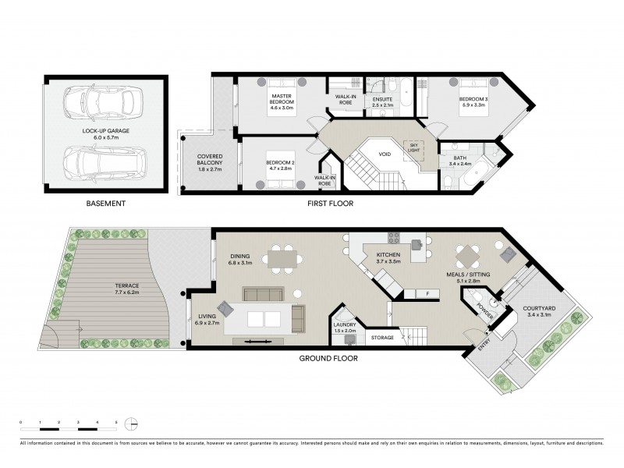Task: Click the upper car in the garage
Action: (x=103, y=101)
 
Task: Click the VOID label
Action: (x=385, y=154)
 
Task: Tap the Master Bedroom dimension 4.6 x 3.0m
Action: (x=281, y=108)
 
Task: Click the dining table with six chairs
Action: (x=281, y=257)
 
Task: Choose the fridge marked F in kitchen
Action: (x=427, y=293)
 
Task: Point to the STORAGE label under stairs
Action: (x=382, y=338)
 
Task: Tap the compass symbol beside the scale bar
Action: (x=133, y=424)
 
